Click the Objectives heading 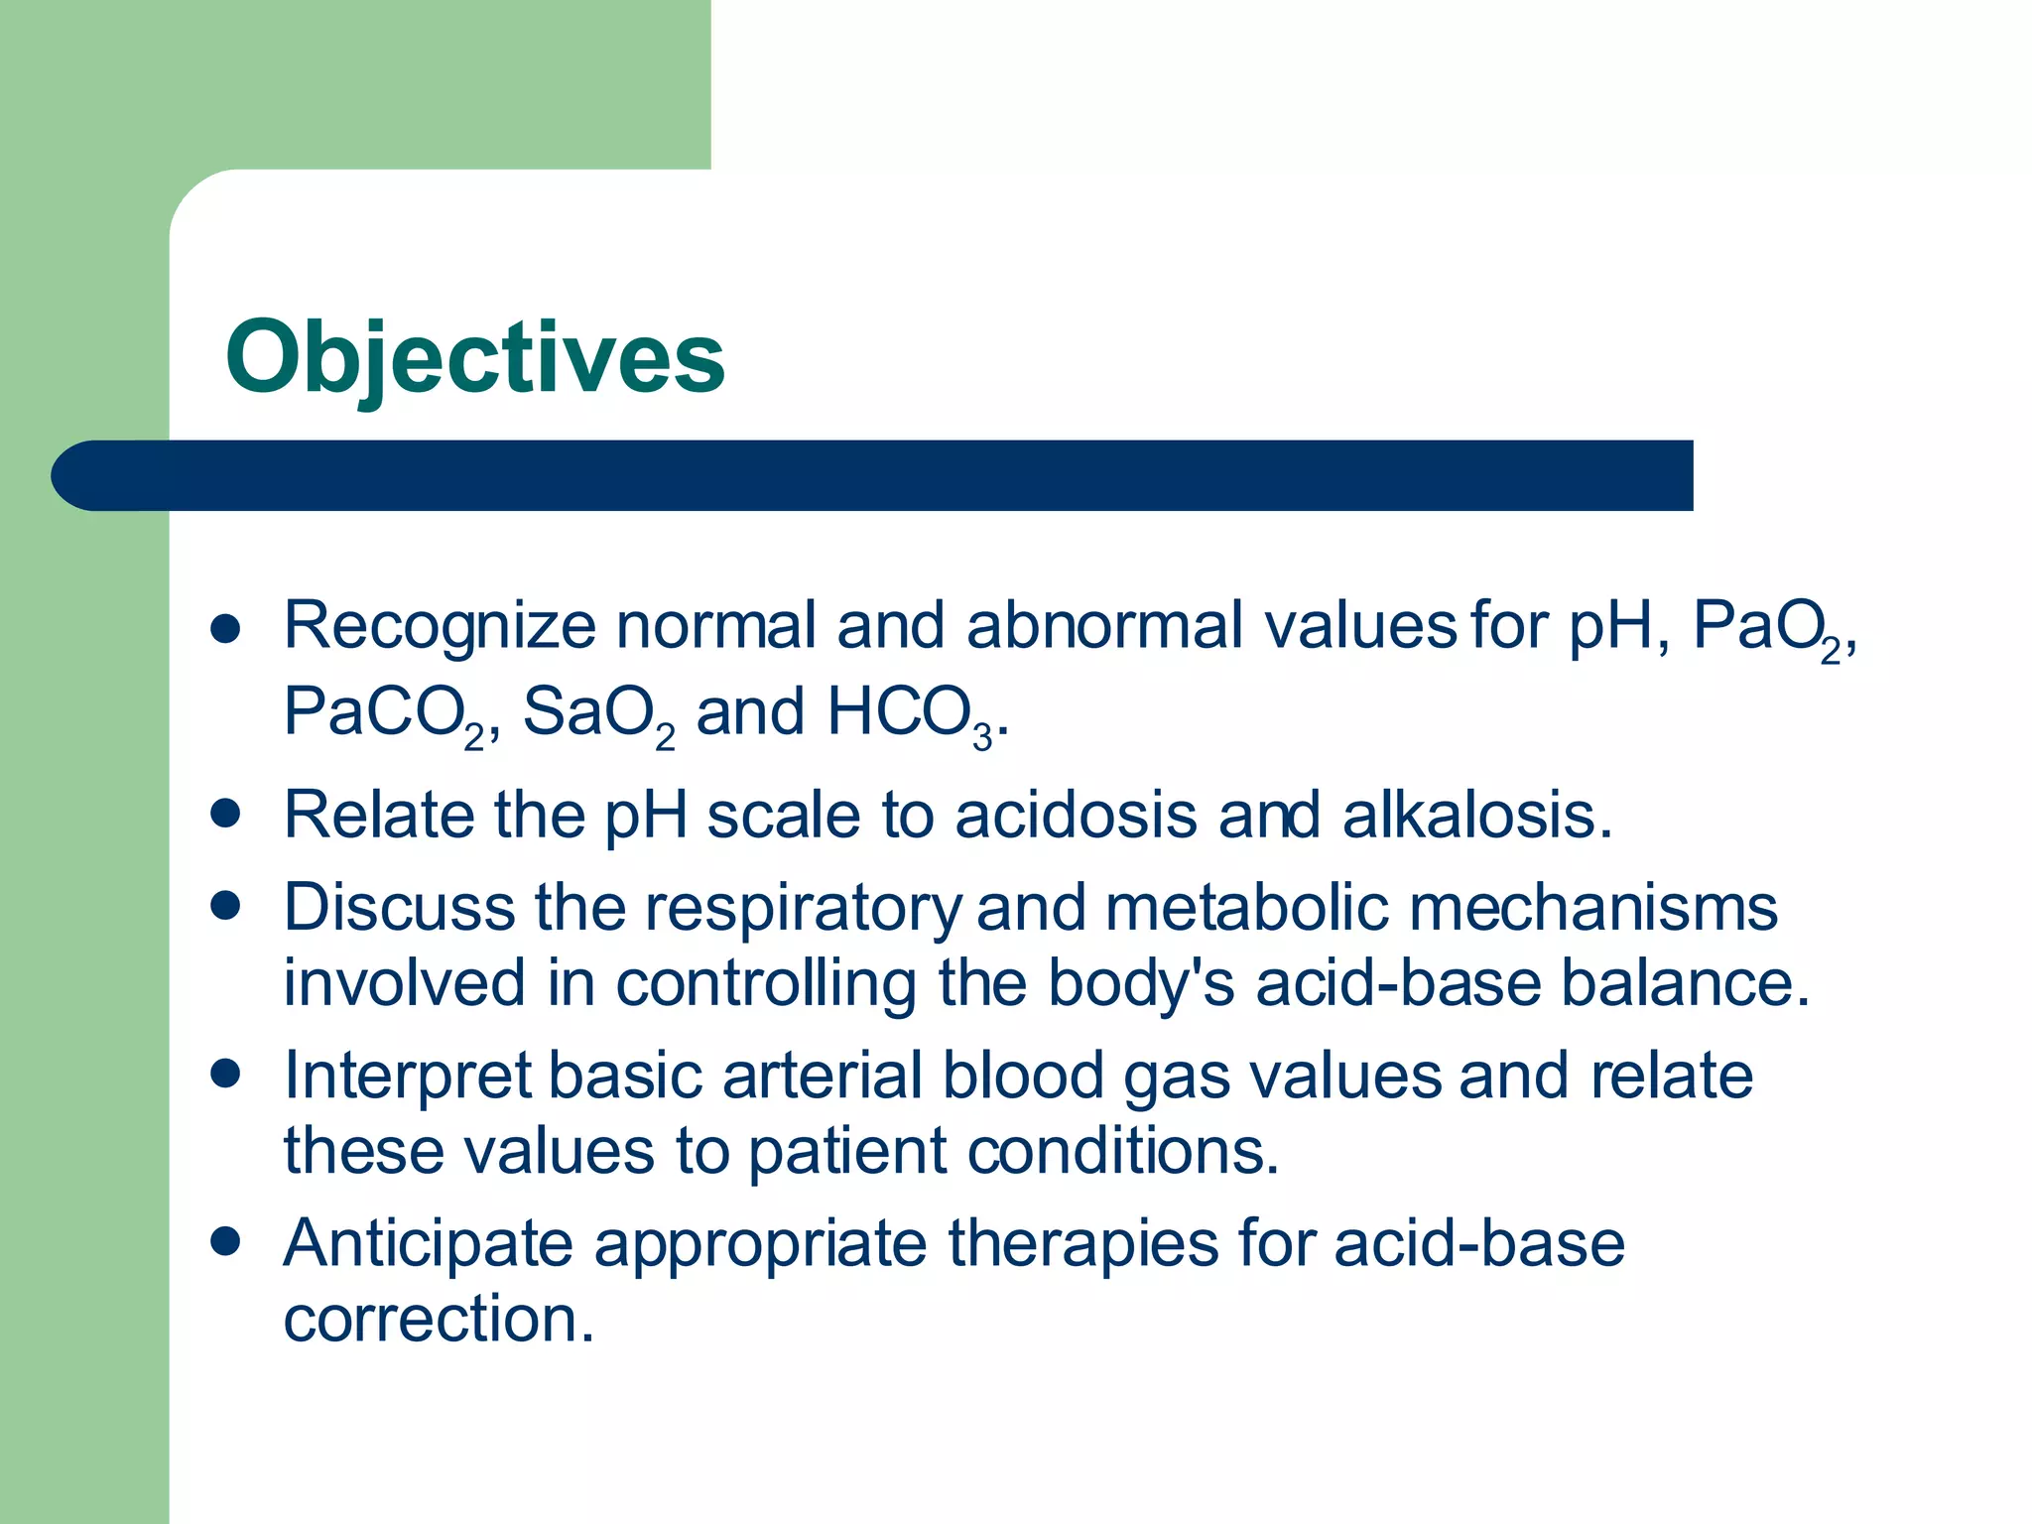point(474,357)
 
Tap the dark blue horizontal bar point(873,475)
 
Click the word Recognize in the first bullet point(440,626)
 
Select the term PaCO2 point(383,713)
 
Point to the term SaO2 point(598,713)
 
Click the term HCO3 point(910,713)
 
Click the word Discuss point(399,908)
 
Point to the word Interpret point(408,1076)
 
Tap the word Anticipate point(429,1243)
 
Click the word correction point(439,1320)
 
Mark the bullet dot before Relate point(226,814)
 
